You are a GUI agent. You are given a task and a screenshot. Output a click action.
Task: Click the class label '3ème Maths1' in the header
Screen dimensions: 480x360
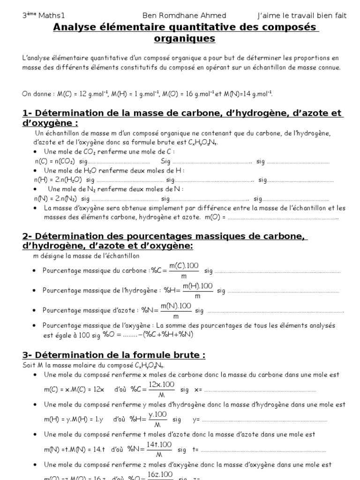coord(38,15)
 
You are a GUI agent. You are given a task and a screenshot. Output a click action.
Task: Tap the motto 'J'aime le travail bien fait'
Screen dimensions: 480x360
coord(302,15)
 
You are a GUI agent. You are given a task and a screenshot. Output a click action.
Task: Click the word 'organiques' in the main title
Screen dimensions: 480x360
coord(185,38)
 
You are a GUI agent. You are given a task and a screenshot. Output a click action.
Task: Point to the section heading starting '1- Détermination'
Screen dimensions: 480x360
coord(183,113)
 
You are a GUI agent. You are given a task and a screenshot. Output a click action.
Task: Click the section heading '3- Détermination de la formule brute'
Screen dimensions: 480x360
coord(114,355)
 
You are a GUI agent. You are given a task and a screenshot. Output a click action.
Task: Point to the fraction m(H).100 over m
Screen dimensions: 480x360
coord(197,291)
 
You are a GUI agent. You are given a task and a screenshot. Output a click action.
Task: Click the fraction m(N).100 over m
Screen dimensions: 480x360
coord(176,310)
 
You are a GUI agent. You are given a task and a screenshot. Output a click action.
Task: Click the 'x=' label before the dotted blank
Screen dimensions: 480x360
coord(197,390)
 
